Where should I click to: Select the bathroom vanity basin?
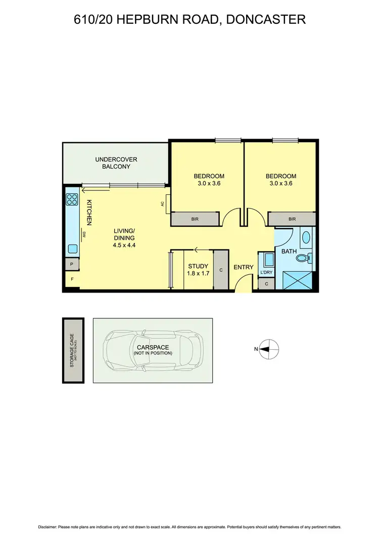pos(306,237)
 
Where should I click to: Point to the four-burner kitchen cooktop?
pos(72,199)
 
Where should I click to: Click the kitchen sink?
pos(72,249)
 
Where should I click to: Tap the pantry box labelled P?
pos(72,264)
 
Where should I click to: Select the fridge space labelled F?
pos(72,279)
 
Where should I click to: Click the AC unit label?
pos(163,203)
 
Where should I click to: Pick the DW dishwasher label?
pos(84,234)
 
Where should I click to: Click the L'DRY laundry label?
pos(266,273)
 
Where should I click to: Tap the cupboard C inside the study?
pos(221,270)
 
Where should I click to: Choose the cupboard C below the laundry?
pos(266,284)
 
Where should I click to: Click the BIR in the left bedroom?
pos(195,219)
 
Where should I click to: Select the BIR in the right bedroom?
pos(292,219)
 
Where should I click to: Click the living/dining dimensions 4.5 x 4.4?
pos(124,245)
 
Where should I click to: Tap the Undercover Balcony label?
pos(116,163)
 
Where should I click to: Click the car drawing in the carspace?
pos(153,350)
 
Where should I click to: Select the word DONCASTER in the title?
pos(267,20)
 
